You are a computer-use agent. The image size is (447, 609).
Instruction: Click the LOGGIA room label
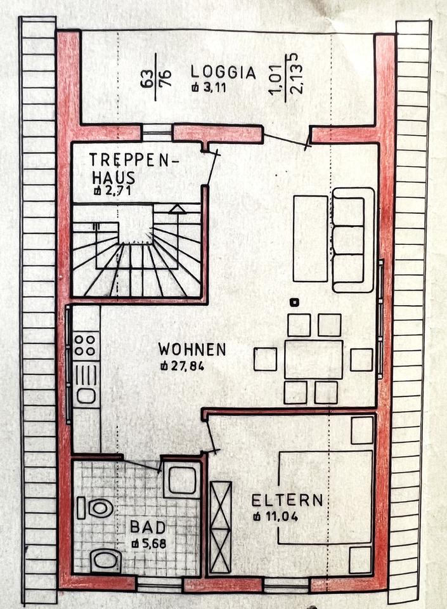(x=224, y=73)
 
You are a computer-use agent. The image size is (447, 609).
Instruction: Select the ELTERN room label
(x=287, y=501)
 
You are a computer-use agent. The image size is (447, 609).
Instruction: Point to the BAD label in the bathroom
(x=148, y=527)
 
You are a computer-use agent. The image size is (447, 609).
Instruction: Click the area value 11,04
(x=280, y=516)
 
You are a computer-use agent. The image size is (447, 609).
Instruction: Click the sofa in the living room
(x=353, y=240)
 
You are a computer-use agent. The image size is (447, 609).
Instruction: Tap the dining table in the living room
(x=313, y=359)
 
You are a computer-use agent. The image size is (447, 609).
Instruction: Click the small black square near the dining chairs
(x=293, y=302)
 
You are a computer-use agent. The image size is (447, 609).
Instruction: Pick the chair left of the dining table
(x=265, y=359)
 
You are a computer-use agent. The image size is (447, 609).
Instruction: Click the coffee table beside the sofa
(x=310, y=239)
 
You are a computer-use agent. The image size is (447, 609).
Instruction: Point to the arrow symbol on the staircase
(x=178, y=208)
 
